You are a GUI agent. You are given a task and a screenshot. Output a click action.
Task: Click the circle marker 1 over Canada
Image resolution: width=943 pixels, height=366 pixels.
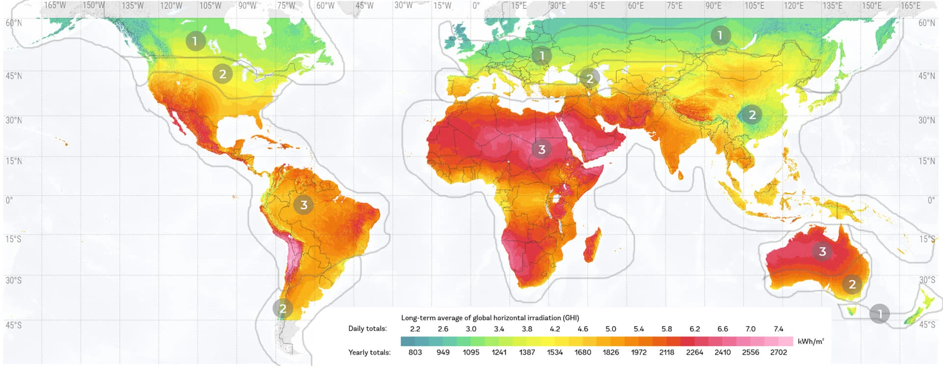195,41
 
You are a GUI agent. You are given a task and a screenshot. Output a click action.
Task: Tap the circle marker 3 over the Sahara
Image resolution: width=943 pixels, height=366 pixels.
542,150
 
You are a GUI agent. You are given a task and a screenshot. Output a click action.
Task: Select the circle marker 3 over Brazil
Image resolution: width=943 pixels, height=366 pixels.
304,205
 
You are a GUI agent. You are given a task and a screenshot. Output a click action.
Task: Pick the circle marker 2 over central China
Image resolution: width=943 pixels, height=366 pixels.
752,115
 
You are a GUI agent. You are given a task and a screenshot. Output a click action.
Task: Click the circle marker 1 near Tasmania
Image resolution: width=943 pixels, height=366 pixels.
879,314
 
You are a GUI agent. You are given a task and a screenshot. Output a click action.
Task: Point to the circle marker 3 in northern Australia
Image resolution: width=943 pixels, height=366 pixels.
822,252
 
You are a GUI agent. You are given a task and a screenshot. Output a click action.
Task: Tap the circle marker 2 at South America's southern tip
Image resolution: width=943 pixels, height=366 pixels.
283,309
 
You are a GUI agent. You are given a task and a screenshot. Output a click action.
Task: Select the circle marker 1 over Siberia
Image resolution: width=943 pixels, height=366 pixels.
720,35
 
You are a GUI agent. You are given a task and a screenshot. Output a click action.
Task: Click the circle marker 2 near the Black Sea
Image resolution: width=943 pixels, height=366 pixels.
589,78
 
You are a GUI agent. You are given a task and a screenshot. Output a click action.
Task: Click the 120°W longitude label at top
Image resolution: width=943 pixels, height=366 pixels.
171,6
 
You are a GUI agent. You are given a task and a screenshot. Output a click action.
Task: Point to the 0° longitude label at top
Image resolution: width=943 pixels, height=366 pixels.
476,6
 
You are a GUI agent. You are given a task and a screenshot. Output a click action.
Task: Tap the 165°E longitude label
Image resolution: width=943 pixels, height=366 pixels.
910,6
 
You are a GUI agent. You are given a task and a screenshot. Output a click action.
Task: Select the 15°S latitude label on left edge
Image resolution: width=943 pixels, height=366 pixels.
13,239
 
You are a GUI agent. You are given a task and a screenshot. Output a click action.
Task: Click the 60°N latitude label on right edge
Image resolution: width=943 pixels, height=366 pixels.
927,23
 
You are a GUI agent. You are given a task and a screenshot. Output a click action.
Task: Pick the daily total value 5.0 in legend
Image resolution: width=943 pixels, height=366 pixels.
610,329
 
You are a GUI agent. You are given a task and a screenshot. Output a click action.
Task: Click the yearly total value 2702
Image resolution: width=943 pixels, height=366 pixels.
778,352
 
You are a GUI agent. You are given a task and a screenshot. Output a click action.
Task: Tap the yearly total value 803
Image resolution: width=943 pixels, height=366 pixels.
415,352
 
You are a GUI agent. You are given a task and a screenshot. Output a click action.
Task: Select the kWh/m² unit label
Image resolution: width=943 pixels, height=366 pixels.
811,341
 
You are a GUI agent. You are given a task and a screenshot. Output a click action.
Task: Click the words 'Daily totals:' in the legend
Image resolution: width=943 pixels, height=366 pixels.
367,329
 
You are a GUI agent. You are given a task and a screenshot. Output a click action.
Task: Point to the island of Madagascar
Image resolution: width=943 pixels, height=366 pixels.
592,245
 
